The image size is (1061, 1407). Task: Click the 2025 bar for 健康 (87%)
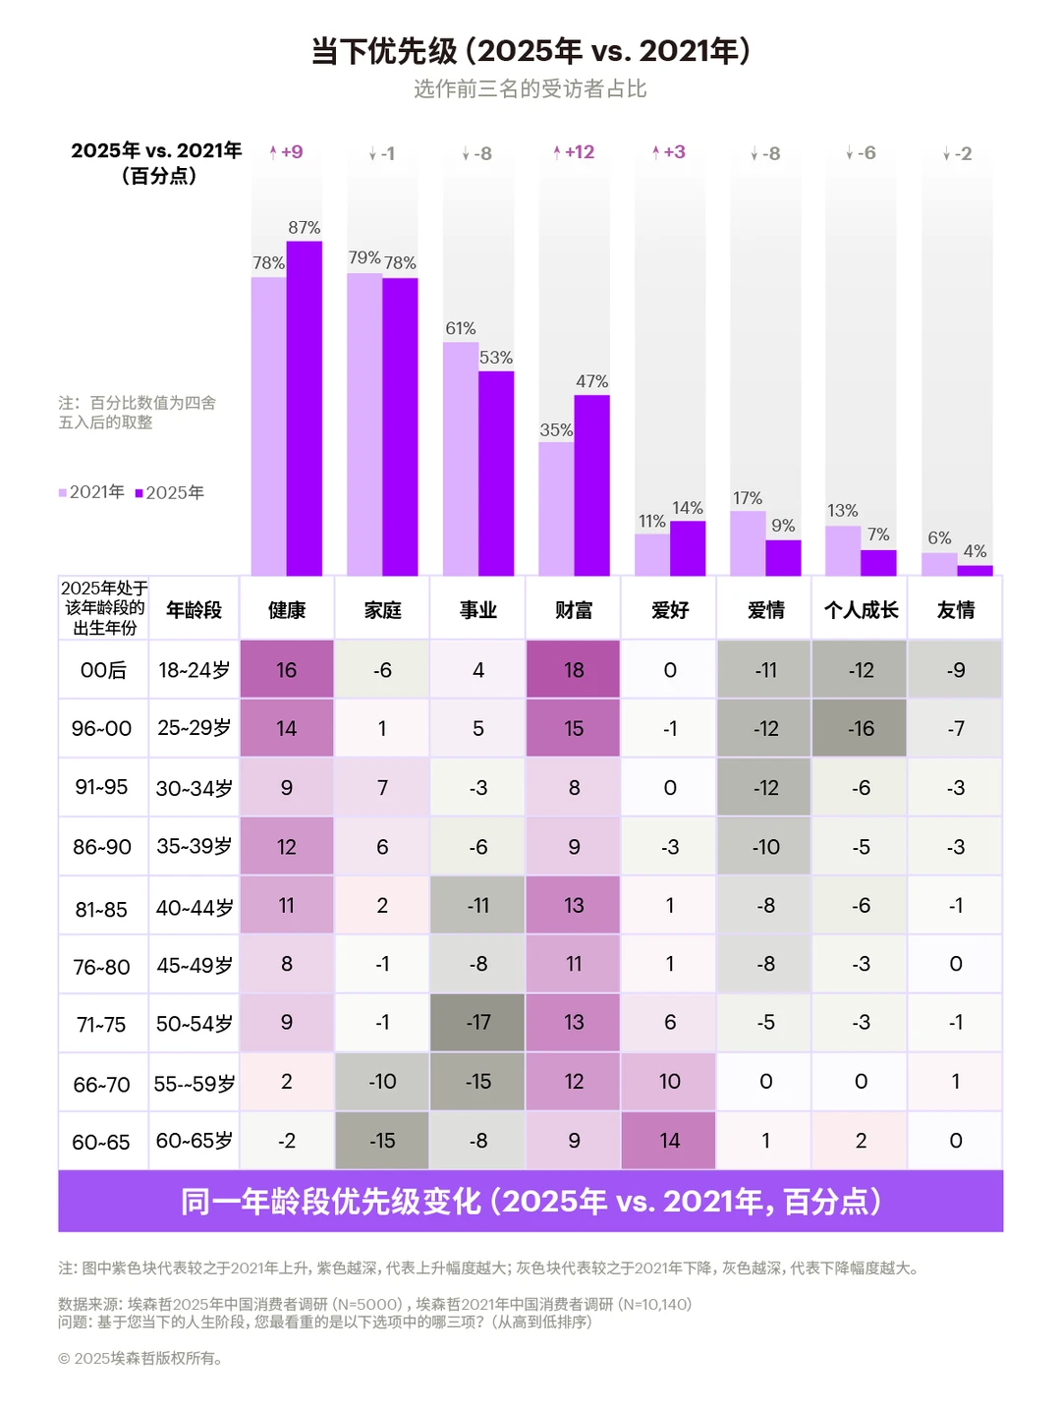(305, 408)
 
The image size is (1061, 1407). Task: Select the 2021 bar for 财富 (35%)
(556, 508)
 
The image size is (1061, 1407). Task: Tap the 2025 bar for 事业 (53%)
(496, 473)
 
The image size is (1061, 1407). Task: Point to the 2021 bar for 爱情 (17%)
(748, 542)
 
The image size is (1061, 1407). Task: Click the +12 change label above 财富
(574, 152)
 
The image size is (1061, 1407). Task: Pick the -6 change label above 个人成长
(861, 153)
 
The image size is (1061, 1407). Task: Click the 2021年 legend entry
(91, 492)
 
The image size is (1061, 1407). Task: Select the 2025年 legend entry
(170, 492)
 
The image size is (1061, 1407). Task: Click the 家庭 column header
(382, 610)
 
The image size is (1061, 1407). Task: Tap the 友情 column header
(956, 610)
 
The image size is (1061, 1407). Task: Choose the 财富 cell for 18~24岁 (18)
(574, 670)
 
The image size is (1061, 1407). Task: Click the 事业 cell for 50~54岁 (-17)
(478, 1023)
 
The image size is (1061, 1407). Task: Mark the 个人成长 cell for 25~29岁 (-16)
(861, 729)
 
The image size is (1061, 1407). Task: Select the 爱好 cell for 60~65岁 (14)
(669, 1141)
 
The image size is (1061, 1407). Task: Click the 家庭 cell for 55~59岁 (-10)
(382, 1082)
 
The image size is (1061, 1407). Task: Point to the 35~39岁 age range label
(194, 846)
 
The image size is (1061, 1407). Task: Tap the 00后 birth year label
(103, 670)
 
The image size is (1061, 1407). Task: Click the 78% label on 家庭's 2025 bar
(400, 263)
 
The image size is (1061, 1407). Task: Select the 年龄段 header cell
(194, 610)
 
